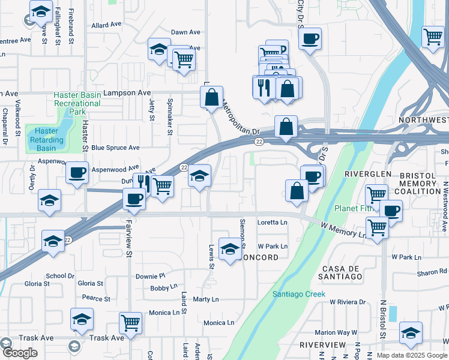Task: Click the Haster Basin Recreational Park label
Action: [77, 103]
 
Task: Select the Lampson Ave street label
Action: [127, 93]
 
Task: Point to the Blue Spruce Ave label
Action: [115, 148]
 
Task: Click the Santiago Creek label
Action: [298, 294]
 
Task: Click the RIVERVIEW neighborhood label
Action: [322, 345]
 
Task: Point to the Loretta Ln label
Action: [273, 222]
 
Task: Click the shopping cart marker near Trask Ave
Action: [130, 323]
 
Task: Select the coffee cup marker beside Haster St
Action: [77, 173]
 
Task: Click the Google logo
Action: [20, 353]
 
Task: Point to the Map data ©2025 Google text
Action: [412, 355]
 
